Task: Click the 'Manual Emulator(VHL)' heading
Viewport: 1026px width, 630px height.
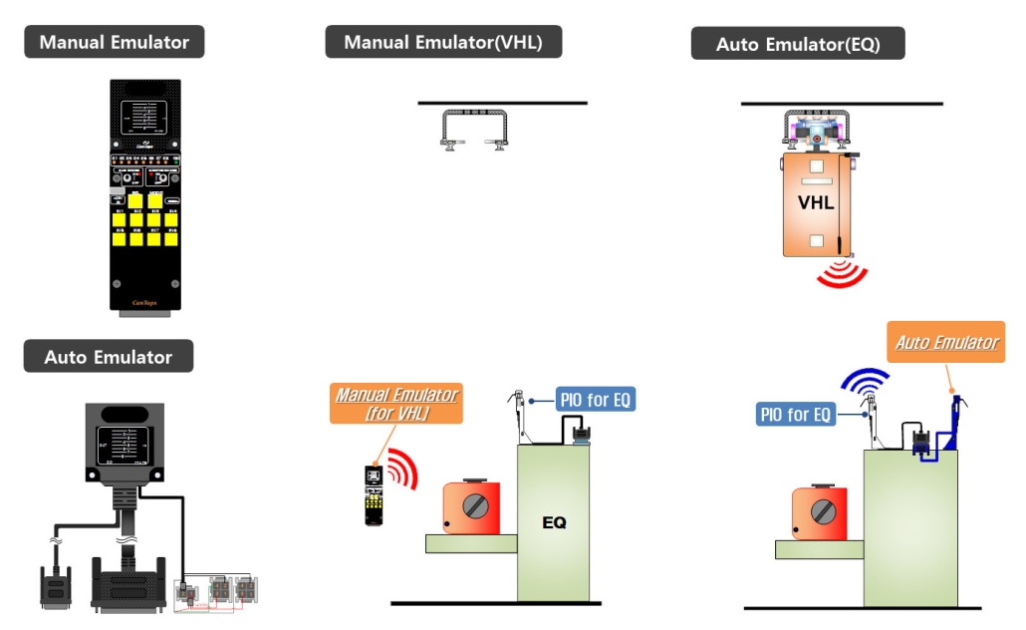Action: point(443,42)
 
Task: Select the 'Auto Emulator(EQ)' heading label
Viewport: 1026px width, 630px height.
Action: point(797,44)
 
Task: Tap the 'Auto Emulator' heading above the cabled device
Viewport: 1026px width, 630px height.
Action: point(108,357)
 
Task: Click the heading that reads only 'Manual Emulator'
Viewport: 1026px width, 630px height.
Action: point(114,42)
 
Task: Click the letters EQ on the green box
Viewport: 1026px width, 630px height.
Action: point(554,521)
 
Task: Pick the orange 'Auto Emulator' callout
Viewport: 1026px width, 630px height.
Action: point(946,343)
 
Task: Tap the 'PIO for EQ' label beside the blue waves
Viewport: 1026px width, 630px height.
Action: point(796,414)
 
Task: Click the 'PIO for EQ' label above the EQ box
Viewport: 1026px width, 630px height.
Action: point(595,401)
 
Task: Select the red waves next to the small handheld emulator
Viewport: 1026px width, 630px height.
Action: point(401,469)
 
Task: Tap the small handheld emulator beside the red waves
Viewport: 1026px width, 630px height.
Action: point(373,494)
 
